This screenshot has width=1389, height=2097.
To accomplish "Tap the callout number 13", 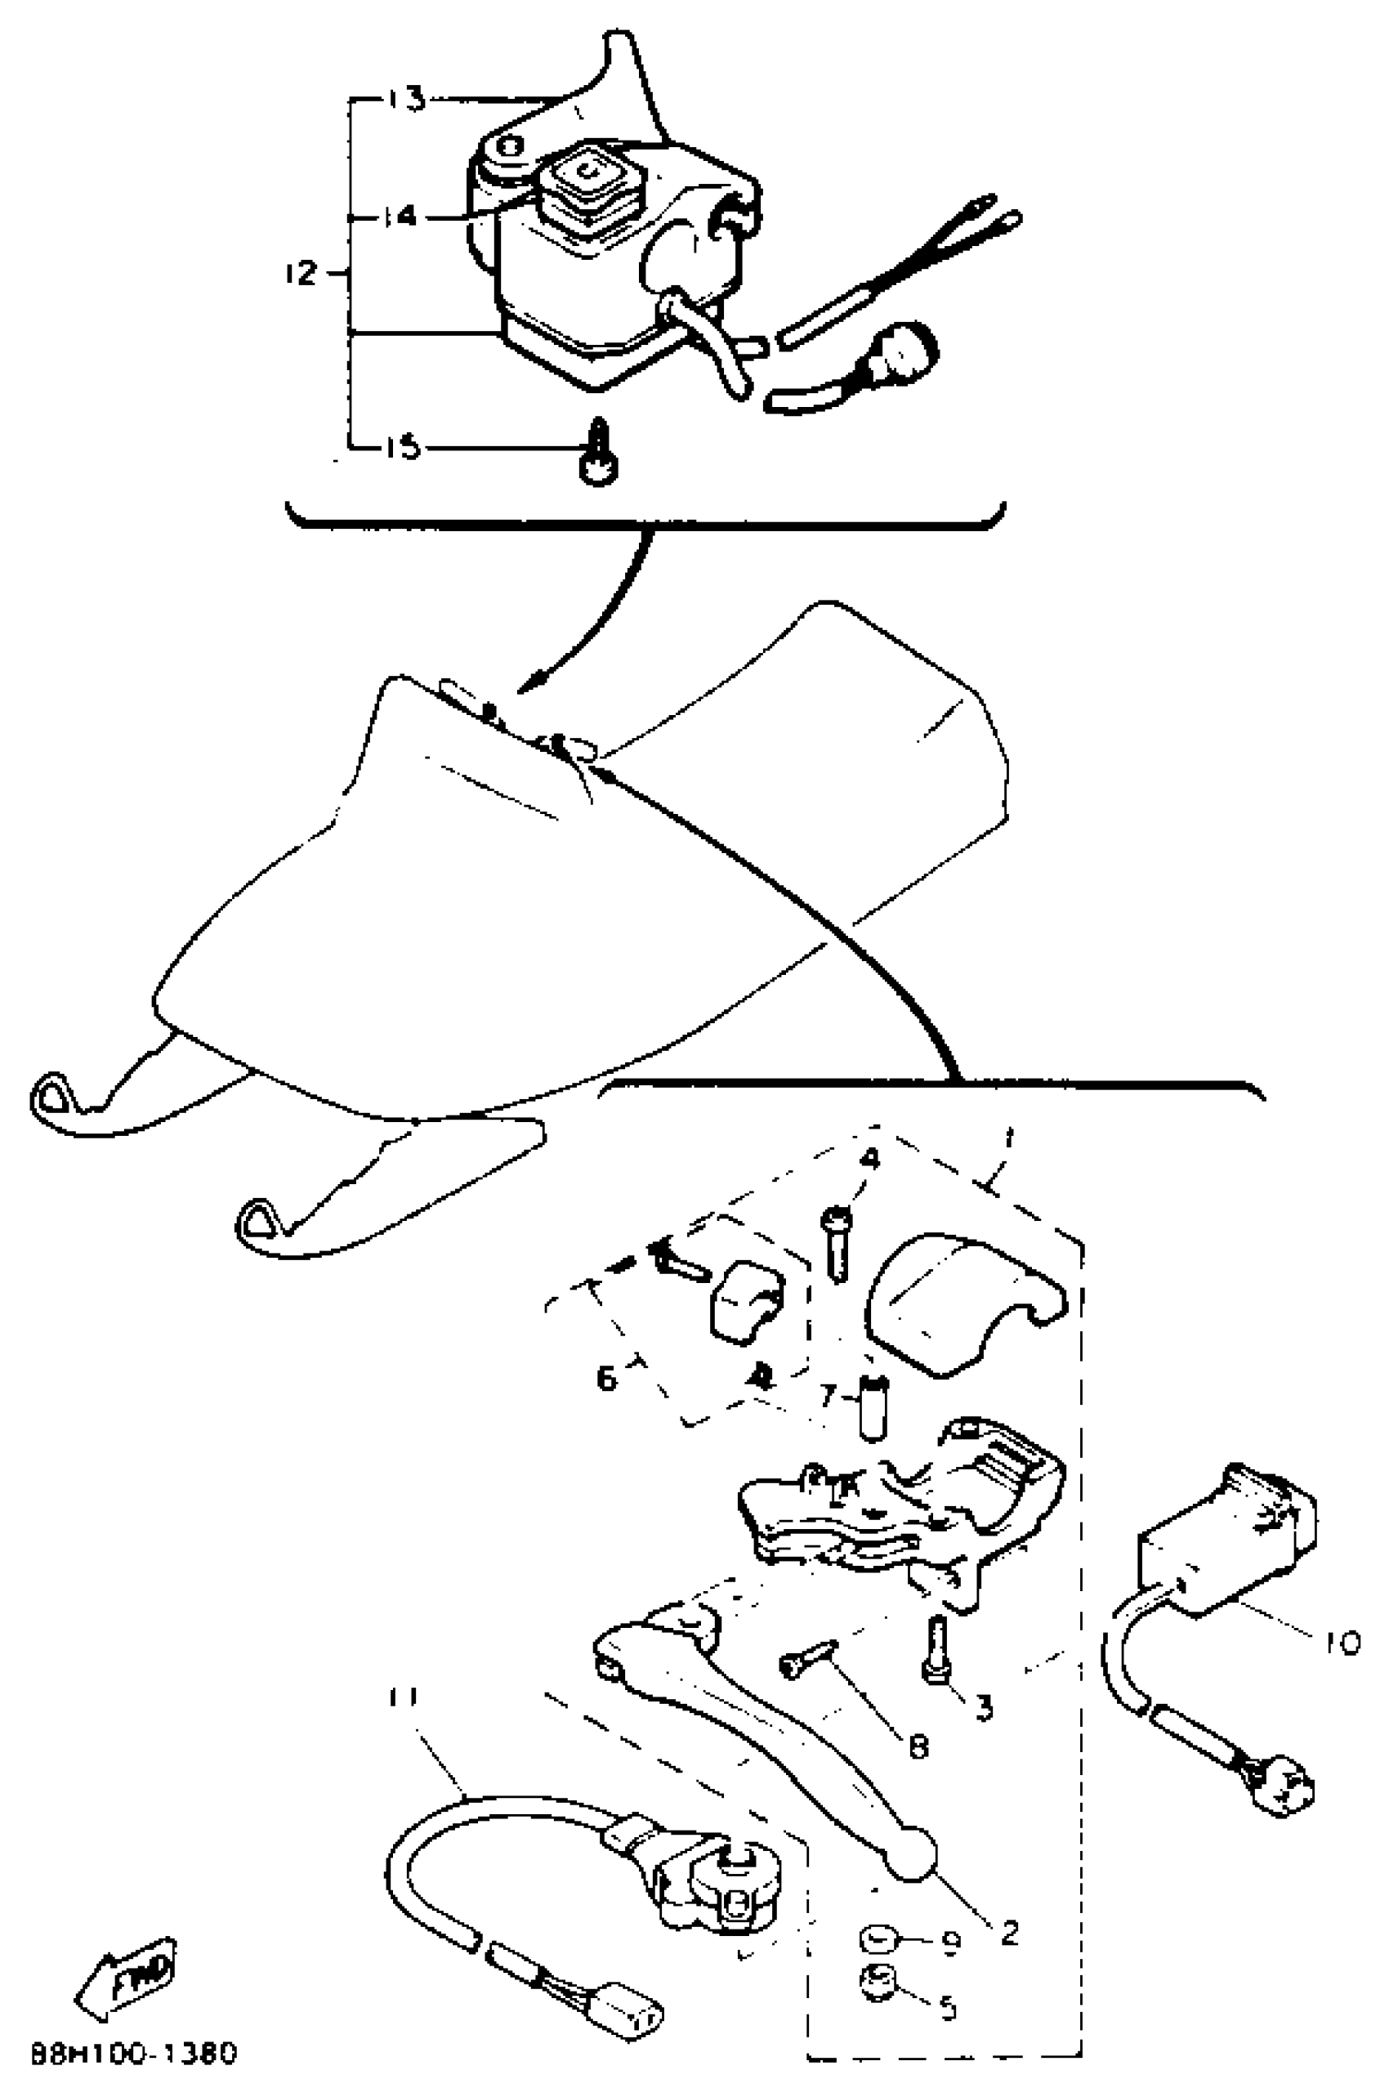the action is click(x=407, y=99).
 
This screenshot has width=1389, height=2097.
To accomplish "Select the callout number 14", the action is click(x=400, y=215).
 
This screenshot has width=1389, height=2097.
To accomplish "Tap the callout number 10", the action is click(x=1342, y=1643).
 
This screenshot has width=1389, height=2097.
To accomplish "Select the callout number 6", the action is click(x=606, y=1378).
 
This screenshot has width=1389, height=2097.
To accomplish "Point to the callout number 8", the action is click(x=918, y=1746).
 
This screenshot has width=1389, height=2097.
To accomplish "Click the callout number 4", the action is click(x=871, y=1158).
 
